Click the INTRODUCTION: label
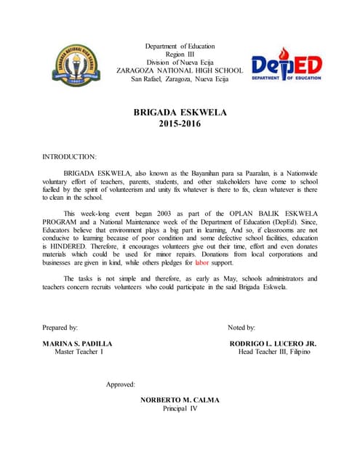(x=70, y=156)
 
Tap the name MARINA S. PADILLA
(x=78, y=343)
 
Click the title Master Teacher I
(x=79, y=352)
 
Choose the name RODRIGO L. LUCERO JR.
(x=273, y=343)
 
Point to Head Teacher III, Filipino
(x=274, y=352)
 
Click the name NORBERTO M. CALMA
(x=180, y=400)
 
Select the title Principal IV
(x=180, y=408)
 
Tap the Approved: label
(x=121, y=384)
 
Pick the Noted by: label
(x=241, y=328)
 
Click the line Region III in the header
(x=180, y=54)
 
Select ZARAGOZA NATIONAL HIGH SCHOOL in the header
(x=180, y=70)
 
